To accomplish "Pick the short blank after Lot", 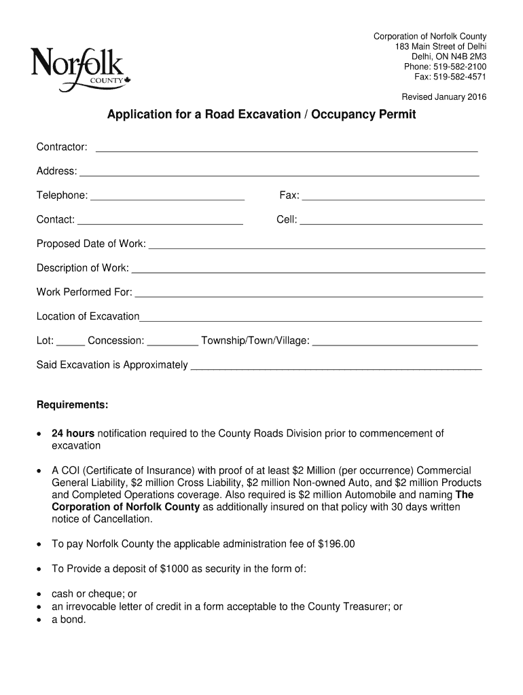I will coord(71,343).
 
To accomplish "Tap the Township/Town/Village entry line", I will coord(395,343).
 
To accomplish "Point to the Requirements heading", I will coord(72,405).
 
